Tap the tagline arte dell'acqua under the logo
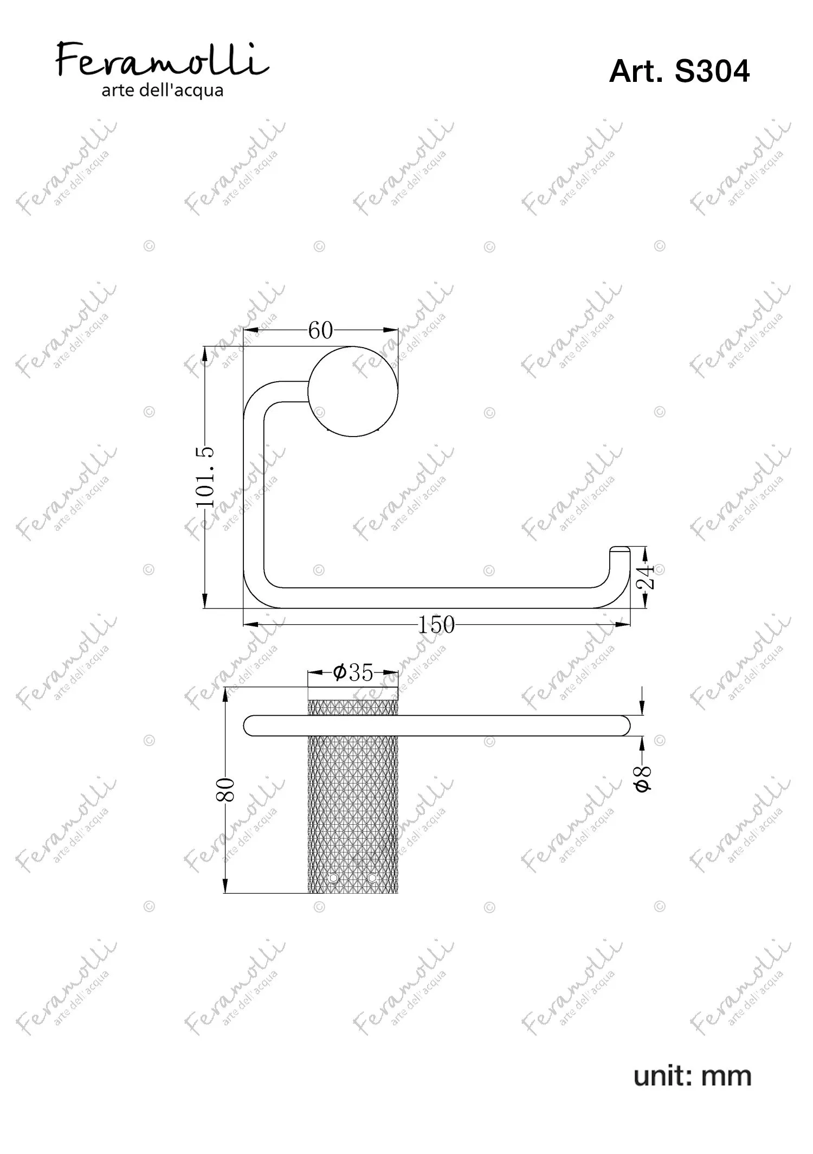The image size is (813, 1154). [x=163, y=90]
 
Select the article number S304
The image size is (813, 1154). [x=712, y=71]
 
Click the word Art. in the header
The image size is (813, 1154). [x=636, y=71]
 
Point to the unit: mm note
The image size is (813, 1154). [x=692, y=1076]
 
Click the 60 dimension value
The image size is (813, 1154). [x=320, y=330]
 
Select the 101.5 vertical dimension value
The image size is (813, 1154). [x=206, y=477]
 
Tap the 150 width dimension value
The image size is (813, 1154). [x=436, y=625]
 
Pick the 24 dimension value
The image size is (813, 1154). [x=646, y=577]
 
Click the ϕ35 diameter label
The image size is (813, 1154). [x=353, y=673]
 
